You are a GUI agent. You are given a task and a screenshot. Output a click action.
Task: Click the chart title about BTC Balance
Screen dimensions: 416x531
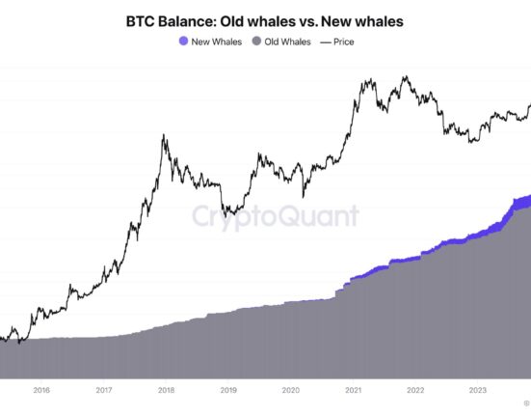coord(265,20)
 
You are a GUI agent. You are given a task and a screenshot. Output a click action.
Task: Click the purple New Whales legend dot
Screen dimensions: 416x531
coord(183,42)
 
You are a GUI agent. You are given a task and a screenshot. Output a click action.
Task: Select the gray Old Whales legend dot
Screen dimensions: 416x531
coord(256,42)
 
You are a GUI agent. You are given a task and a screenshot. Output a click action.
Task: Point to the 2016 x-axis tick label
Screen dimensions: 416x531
coord(41,391)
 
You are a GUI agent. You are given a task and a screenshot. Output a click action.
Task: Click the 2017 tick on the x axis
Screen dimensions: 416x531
coord(104,391)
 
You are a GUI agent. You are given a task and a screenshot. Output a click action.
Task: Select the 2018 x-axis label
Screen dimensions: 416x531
coord(167,391)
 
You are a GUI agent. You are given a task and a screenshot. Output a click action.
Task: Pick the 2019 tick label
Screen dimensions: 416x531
coord(228,391)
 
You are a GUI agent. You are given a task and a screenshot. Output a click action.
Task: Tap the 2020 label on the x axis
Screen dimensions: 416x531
coord(291,391)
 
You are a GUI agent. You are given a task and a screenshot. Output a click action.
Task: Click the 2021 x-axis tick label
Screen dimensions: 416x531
coord(354,391)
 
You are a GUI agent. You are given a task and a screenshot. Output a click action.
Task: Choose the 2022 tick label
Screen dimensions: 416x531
coord(415,391)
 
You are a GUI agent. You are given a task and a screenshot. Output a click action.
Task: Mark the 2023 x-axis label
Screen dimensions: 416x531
coord(478,391)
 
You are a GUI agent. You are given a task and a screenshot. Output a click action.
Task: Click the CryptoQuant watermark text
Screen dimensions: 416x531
coord(275,216)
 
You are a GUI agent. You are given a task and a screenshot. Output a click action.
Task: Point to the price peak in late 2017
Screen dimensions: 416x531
coord(164,137)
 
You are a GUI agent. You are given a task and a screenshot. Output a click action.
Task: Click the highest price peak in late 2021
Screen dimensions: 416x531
coord(406,77)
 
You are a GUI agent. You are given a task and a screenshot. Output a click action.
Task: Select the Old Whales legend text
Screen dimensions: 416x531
coord(288,42)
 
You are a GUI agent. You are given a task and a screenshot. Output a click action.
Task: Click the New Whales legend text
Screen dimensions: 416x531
coord(217,42)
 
